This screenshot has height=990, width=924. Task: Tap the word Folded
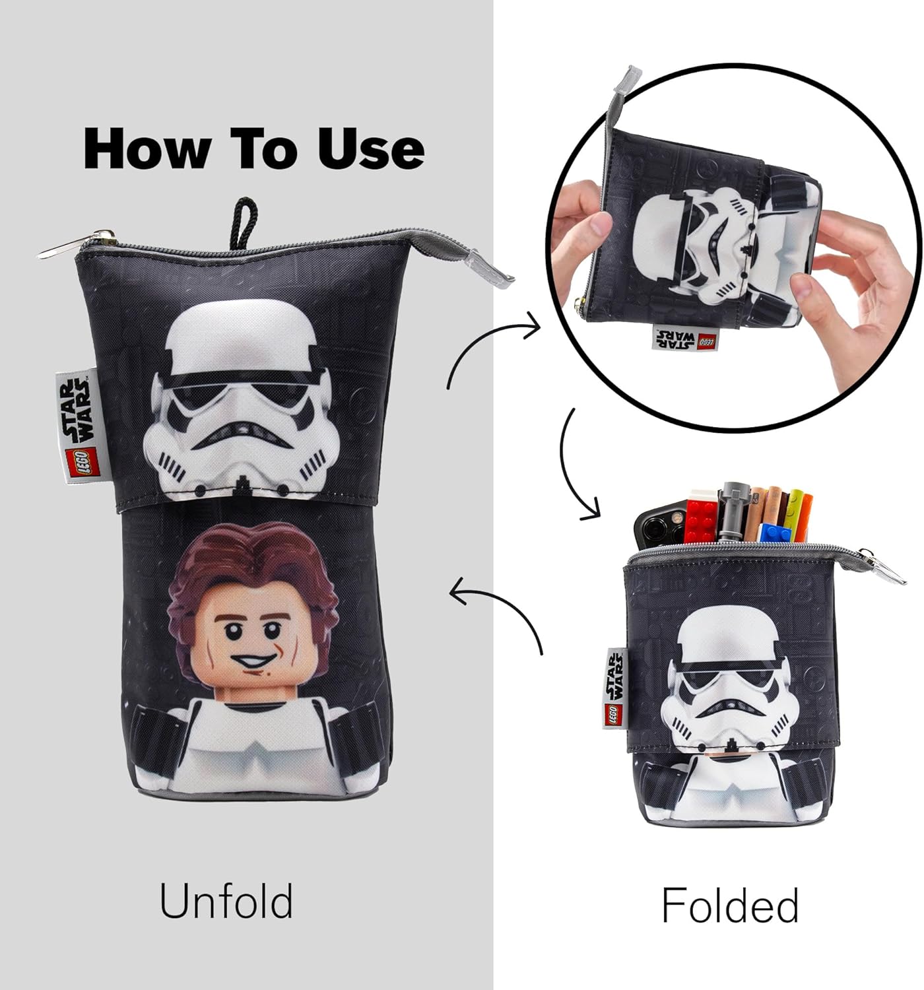(730, 905)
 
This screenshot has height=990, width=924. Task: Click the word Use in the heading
(370, 148)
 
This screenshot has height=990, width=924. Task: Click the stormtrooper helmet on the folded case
(725, 686)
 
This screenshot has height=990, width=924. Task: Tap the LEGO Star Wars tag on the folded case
(615, 688)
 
